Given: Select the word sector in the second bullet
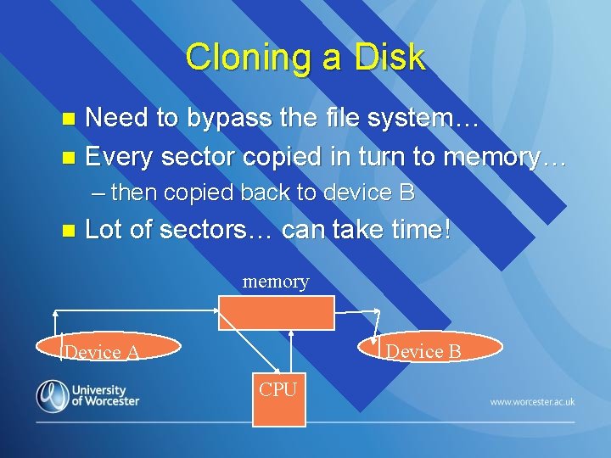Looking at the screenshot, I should point(198,157).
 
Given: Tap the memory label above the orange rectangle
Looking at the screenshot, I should point(276,282).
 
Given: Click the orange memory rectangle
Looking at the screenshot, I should point(276,312).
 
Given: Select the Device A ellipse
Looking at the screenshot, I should point(109,348).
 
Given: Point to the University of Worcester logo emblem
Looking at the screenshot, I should point(53,395).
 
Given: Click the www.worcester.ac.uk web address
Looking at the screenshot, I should point(532,401).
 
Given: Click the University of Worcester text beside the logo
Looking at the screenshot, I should point(104,395).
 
